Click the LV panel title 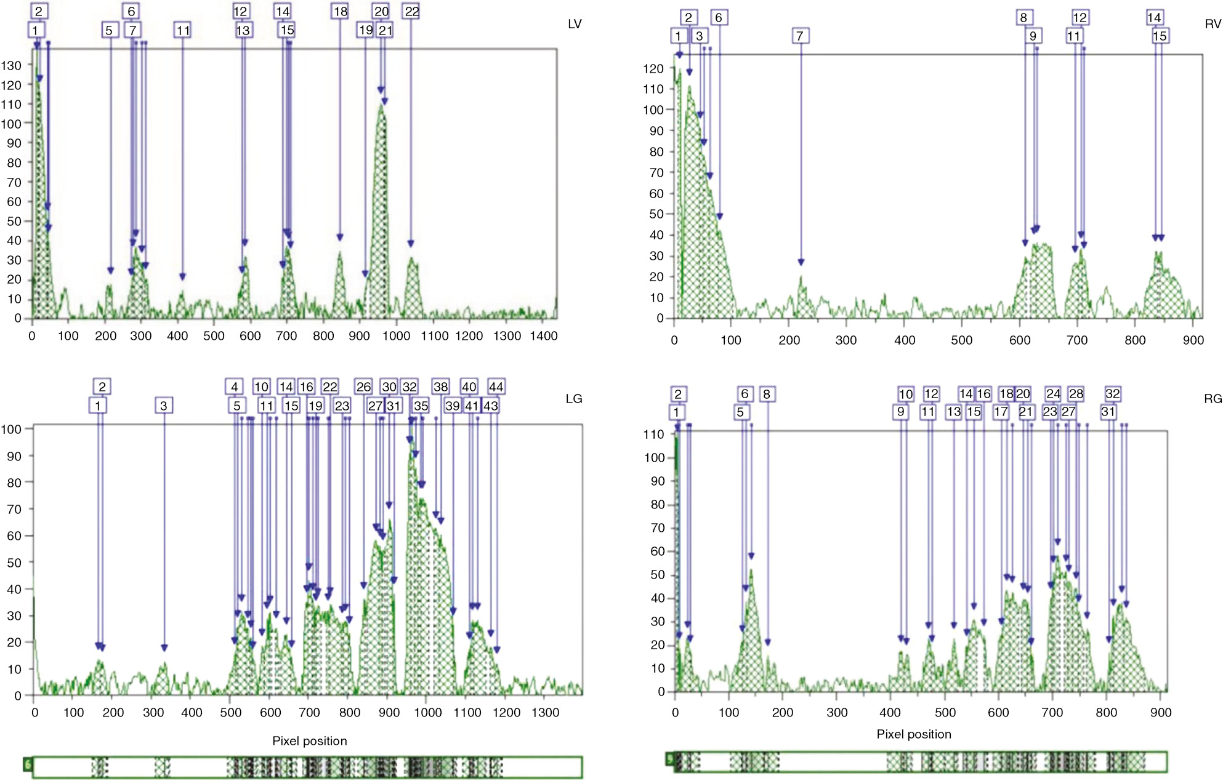click(x=574, y=24)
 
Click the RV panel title click(x=1212, y=24)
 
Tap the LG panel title click(x=573, y=399)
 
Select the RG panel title click(x=1212, y=399)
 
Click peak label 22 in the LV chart click(x=411, y=11)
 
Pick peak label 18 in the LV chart click(x=340, y=11)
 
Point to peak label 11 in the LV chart click(x=182, y=30)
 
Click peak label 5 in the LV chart click(x=109, y=30)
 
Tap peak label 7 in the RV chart click(x=799, y=36)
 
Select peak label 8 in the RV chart click(x=1023, y=17)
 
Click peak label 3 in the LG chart click(x=163, y=406)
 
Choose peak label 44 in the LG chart click(x=496, y=386)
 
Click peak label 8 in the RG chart click(x=766, y=394)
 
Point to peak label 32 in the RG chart click(x=1112, y=393)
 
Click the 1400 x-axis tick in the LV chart click(x=544, y=336)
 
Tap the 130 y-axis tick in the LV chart click(x=11, y=65)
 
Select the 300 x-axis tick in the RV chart click(x=846, y=340)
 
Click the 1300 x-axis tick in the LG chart click(x=546, y=713)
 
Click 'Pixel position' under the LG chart click(x=309, y=741)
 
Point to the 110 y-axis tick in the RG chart click(x=653, y=435)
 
